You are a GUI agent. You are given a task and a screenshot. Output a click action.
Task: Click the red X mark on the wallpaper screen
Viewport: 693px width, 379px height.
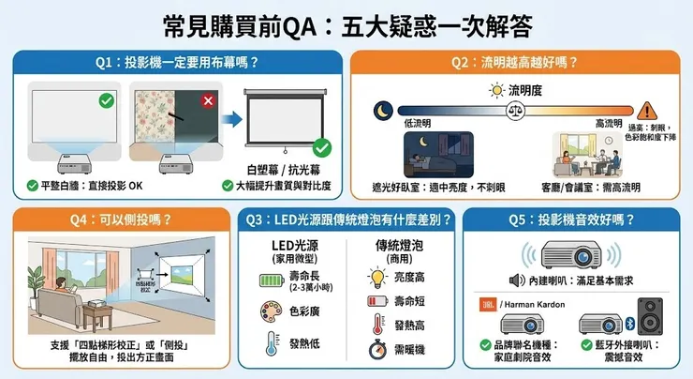[x=208, y=99]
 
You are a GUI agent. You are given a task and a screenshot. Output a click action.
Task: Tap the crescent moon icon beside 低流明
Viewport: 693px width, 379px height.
[x=381, y=108]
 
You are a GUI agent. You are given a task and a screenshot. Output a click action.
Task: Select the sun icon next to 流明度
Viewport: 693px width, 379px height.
[x=496, y=91]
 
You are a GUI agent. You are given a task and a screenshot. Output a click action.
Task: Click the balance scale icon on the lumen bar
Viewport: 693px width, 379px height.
[x=513, y=109]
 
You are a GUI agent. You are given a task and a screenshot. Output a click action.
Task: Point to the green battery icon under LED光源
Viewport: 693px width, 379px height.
[x=268, y=279]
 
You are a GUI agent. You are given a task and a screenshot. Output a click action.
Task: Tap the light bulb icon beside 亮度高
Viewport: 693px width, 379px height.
[x=377, y=277]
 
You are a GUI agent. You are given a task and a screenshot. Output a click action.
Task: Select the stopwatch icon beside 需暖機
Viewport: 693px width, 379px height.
[x=377, y=349]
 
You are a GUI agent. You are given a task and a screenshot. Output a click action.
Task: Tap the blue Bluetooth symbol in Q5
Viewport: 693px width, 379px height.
[x=629, y=324]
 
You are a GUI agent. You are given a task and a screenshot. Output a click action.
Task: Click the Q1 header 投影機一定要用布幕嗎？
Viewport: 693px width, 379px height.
[x=176, y=63]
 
